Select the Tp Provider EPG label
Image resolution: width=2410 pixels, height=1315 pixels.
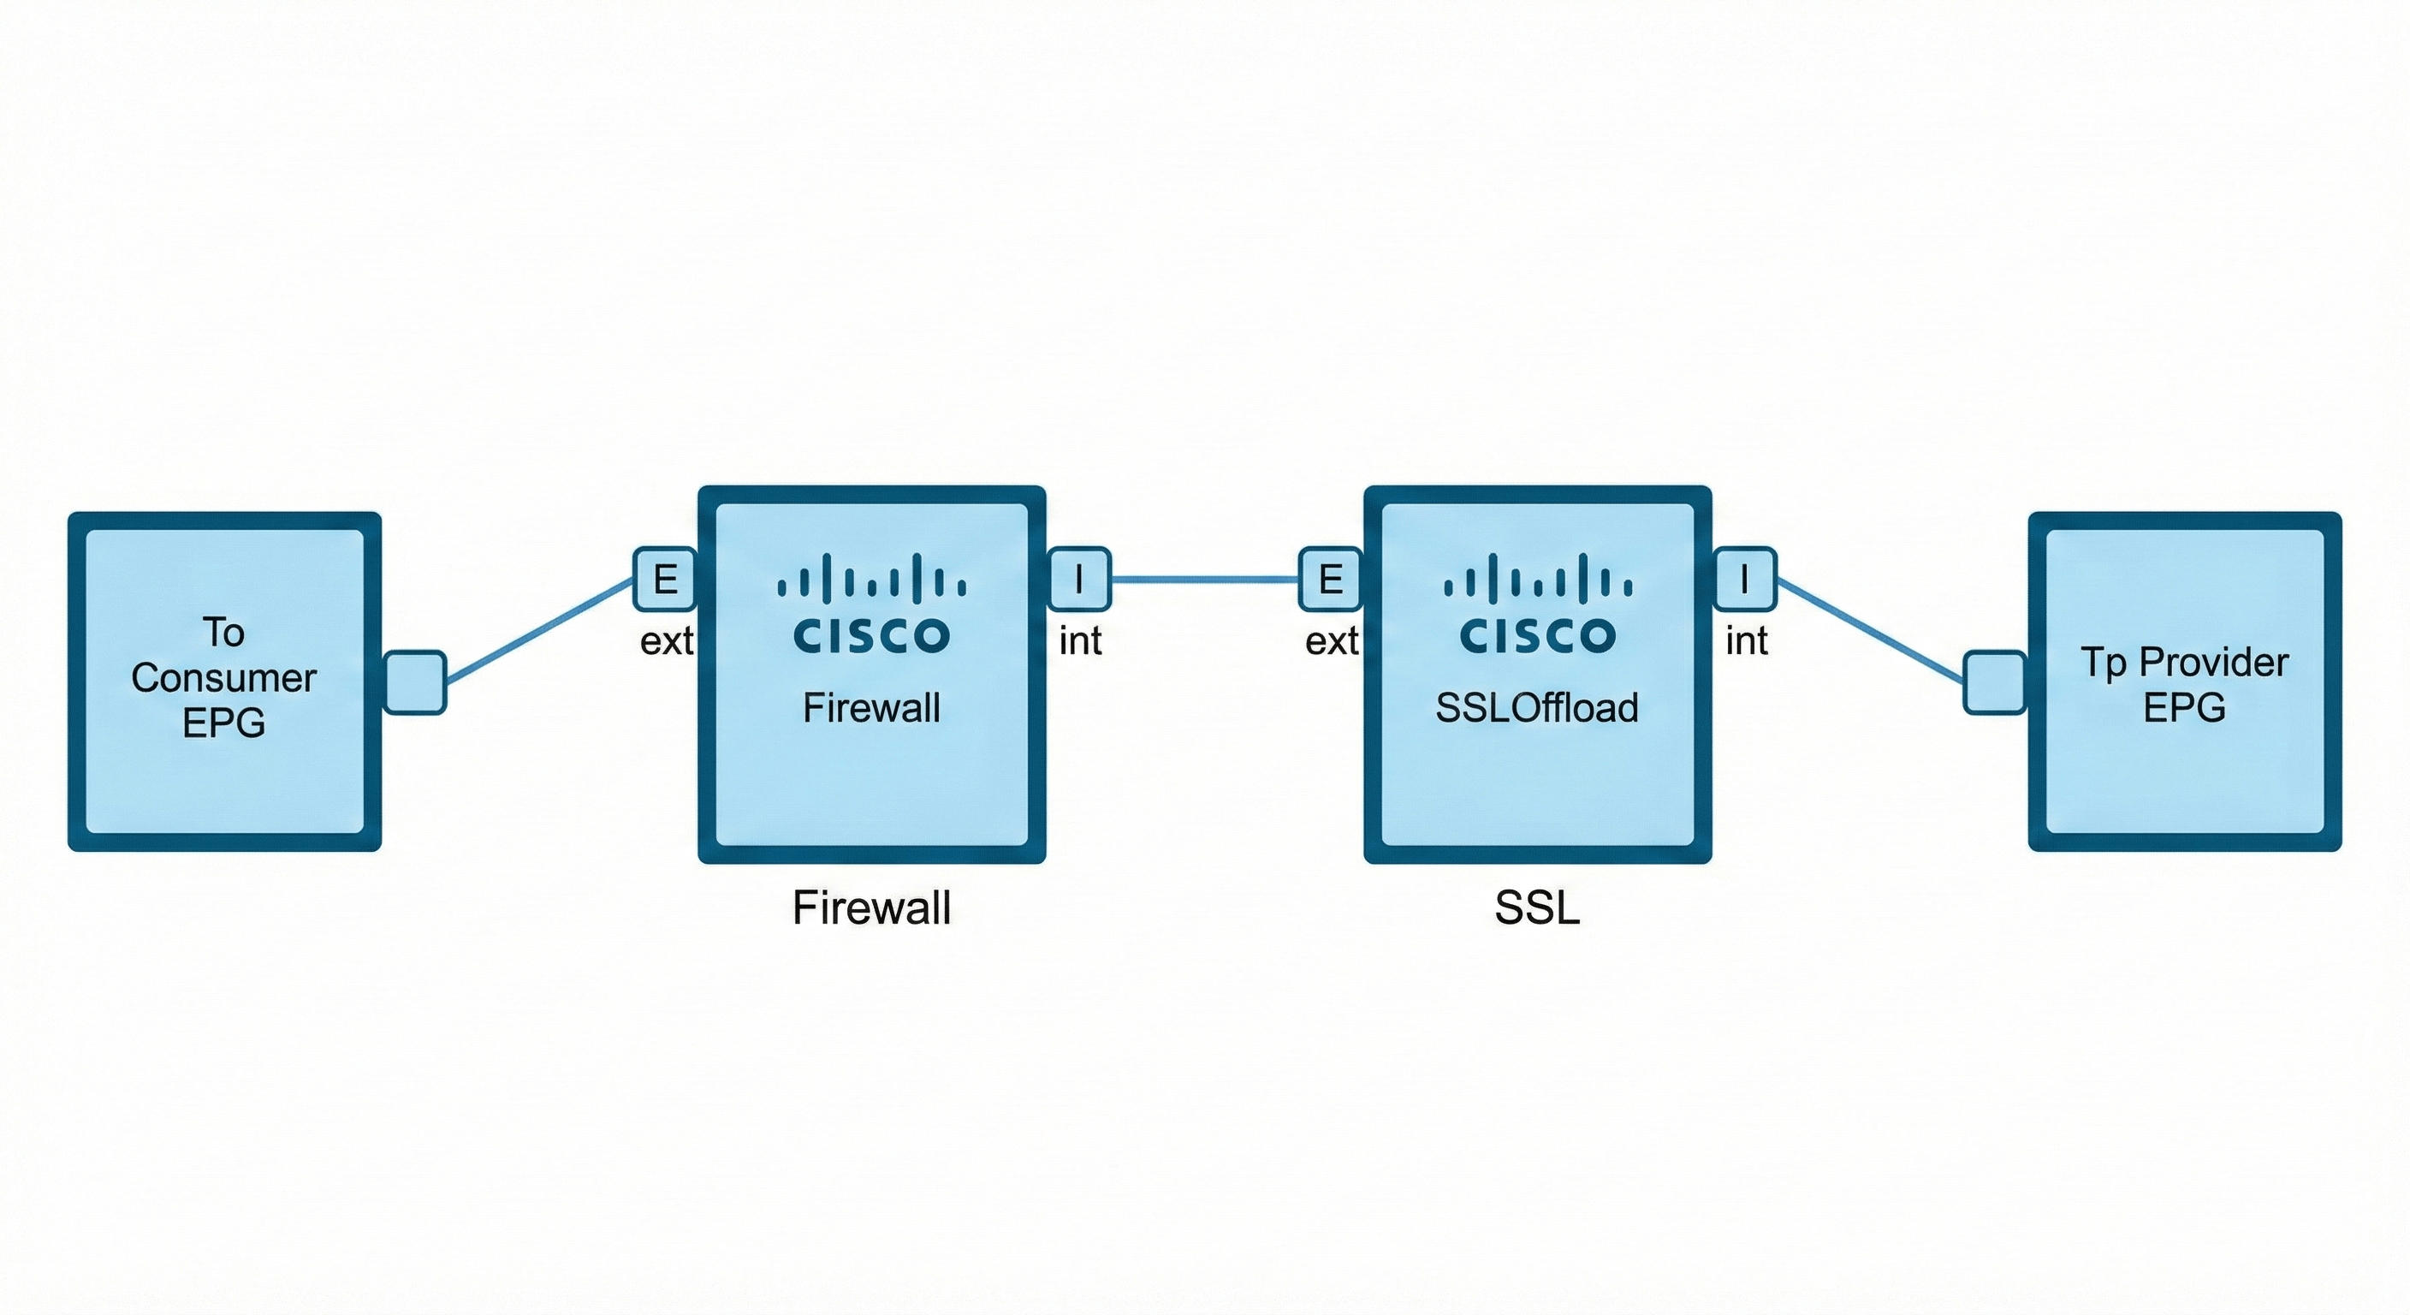coord(2185,684)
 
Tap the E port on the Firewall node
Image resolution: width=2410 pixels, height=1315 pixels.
coord(665,580)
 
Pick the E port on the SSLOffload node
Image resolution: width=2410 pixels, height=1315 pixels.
coord(1330,580)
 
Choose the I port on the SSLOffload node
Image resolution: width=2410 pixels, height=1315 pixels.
coord(1744,580)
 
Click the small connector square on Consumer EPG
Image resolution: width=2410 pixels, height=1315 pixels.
coord(415,682)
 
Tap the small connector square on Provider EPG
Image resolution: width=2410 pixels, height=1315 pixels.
coord(1994,682)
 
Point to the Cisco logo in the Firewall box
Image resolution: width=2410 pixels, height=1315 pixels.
coord(872,604)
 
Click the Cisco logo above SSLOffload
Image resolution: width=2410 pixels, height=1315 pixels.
coord(1537,604)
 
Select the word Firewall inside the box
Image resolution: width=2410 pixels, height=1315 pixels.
coord(872,707)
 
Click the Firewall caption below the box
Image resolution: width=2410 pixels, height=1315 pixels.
coord(872,907)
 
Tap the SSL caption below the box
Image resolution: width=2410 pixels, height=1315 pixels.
coord(1537,907)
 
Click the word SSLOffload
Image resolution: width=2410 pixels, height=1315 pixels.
coord(1537,707)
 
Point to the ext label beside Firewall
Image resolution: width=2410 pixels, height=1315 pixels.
coord(666,641)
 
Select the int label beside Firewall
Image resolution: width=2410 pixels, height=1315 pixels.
coord(1081,641)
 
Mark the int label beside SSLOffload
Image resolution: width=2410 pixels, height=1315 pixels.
coord(1747,641)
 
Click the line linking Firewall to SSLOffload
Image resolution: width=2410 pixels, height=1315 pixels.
coord(1205,580)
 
